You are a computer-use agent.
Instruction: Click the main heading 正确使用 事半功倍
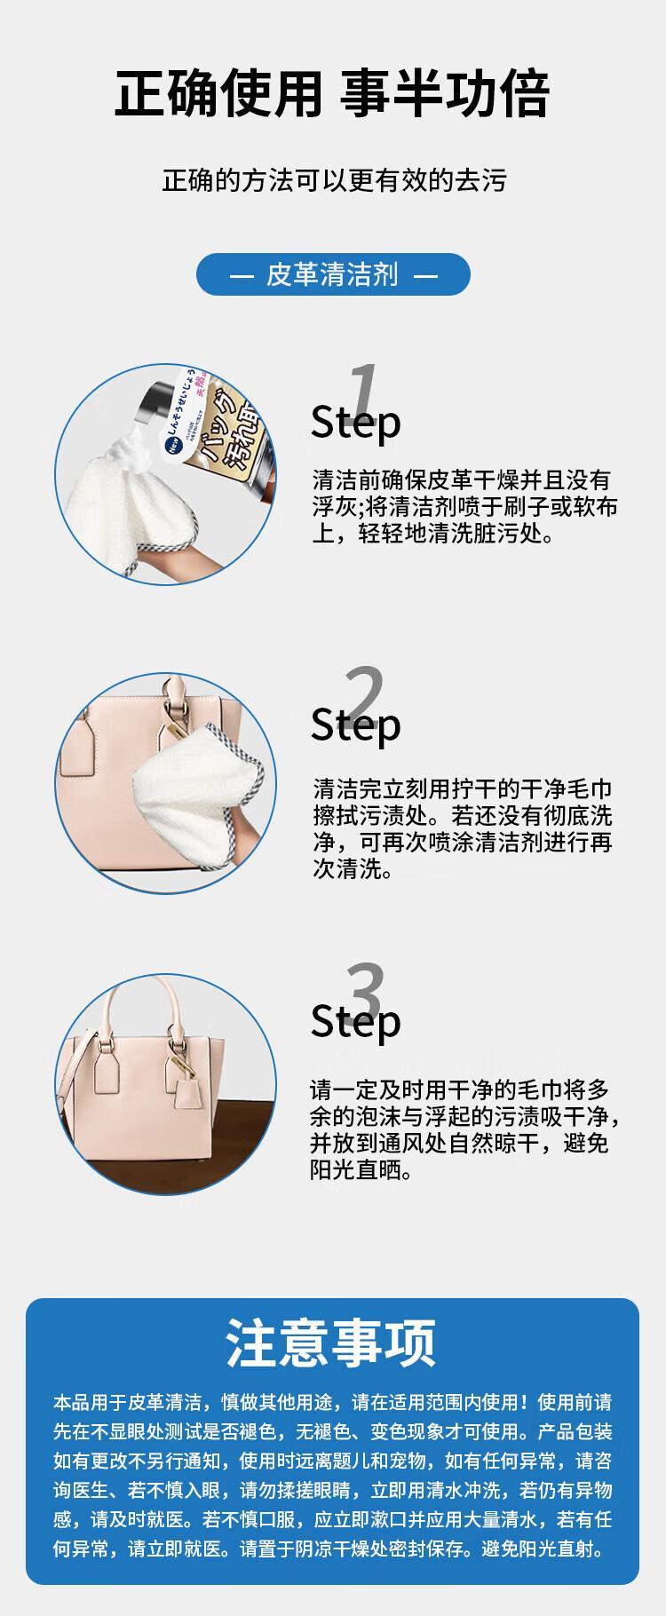333,95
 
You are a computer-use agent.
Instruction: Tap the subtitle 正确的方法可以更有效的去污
333,181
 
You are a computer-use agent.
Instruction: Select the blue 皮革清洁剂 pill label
333,274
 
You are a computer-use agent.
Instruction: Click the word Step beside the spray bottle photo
355,423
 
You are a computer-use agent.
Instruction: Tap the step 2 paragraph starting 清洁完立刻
463,828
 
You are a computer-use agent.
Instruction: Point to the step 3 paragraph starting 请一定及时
465,1129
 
